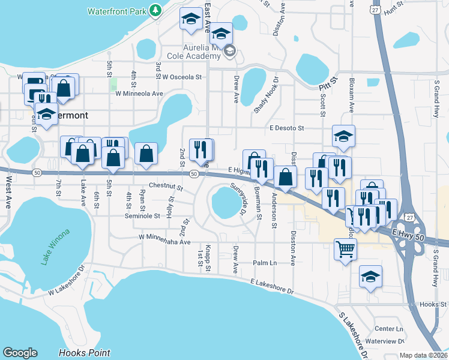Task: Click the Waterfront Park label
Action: click(116, 11)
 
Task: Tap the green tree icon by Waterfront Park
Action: click(155, 10)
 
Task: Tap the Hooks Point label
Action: click(85, 353)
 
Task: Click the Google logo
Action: click(20, 353)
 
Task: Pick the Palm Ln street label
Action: click(265, 263)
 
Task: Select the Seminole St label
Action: click(142, 216)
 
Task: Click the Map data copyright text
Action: click(424, 355)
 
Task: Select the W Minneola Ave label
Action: click(139, 94)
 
